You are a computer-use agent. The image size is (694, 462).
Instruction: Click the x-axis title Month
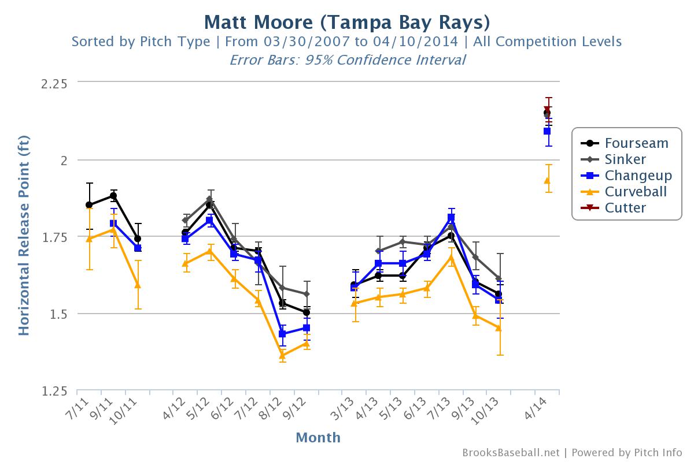point(318,438)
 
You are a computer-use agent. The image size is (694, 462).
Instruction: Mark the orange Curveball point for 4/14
point(547,180)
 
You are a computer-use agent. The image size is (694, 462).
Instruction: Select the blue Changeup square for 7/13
point(451,218)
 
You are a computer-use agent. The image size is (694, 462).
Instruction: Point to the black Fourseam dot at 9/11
point(113,196)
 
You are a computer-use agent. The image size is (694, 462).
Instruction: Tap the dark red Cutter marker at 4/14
point(547,109)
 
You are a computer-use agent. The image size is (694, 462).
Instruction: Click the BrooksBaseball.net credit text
point(511,453)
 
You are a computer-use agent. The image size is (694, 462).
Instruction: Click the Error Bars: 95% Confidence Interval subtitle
point(347,60)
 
